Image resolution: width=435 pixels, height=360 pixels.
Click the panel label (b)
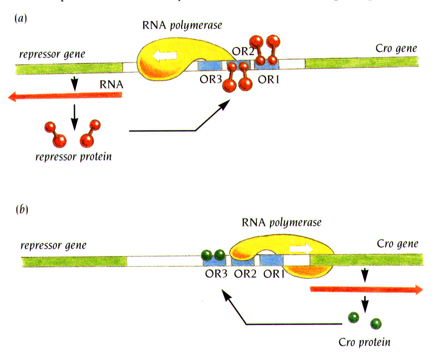(20, 208)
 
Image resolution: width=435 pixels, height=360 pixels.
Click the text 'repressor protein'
(73, 157)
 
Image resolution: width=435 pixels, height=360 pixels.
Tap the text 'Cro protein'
(364, 342)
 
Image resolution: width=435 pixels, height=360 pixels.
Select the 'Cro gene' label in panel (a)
(397, 49)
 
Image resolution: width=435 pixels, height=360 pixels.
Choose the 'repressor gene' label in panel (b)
(53, 245)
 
